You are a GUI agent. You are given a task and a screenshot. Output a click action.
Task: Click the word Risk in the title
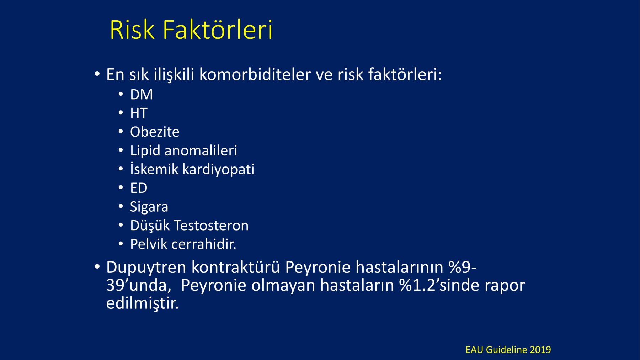tap(132, 30)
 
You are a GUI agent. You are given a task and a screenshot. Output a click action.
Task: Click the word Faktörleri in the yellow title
tap(218, 29)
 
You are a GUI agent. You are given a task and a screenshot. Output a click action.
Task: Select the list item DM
tap(142, 95)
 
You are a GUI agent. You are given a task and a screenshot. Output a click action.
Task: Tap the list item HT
tap(139, 113)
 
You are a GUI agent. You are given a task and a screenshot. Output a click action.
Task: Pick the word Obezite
tap(155, 132)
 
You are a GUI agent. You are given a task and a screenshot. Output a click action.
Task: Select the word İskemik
tap(154, 169)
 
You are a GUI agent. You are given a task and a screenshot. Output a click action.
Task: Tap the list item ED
tap(139, 188)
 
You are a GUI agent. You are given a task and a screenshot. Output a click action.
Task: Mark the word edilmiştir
tap(142, 303)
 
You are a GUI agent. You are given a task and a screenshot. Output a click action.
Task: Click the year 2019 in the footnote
tap(540, 350)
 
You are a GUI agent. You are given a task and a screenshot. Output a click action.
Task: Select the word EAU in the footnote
tap(474, 350)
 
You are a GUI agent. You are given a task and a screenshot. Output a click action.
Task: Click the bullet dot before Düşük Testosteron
tap(121, 225)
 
